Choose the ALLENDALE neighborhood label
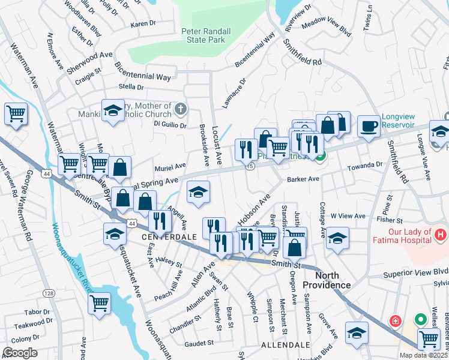[285, 346]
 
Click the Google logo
[20, 353]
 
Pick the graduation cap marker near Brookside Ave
[199, 192]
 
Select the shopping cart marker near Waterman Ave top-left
[16, 113]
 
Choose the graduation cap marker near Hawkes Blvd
[357, 332]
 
